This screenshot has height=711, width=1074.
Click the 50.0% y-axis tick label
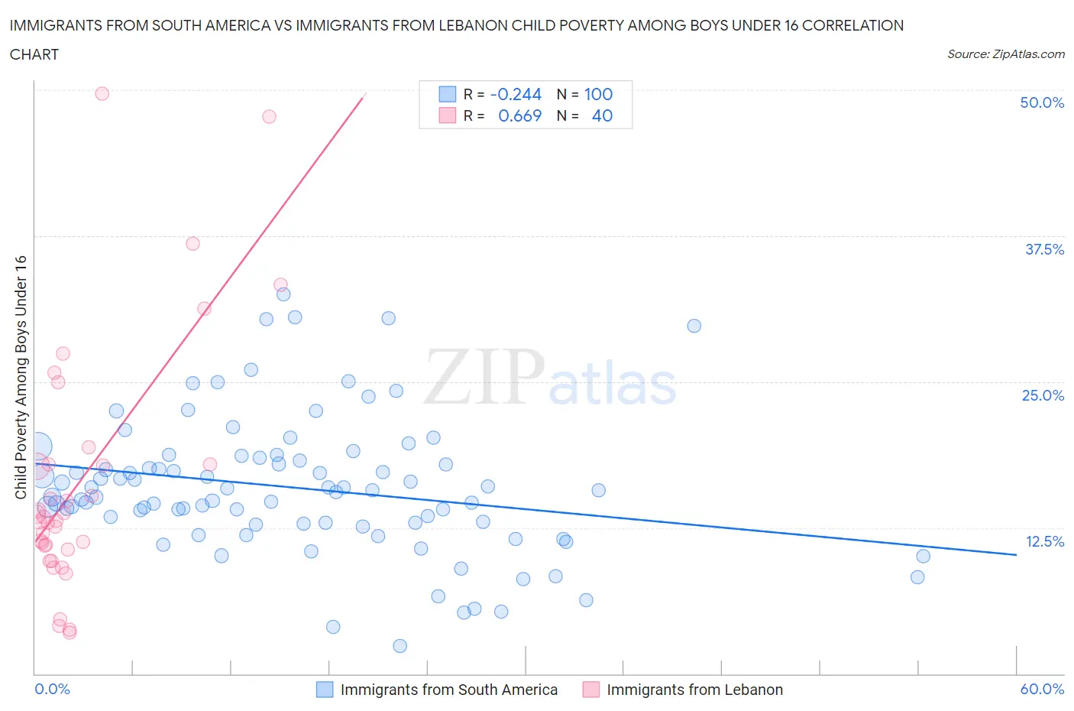[1042, 102]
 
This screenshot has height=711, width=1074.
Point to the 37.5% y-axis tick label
[1044, 249]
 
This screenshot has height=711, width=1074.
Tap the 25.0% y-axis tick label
[1043, 395]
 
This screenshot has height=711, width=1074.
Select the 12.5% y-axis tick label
[1044, 541]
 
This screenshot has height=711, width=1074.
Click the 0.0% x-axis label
[52, 689]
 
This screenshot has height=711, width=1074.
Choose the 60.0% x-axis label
[1042, 689]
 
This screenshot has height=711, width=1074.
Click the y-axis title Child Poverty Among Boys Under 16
[21, 377]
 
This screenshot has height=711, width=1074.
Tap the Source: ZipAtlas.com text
[1005, 54]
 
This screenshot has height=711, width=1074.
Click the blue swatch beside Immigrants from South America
[325, 690]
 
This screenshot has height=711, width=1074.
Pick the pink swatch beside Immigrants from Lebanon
[590, 690]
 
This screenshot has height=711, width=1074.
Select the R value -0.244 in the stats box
[516, 94]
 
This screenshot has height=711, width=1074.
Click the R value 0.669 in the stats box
[519, 115]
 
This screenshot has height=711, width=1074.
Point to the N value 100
[598, 94]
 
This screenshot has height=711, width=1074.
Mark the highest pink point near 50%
[102, 93]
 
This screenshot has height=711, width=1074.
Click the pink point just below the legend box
[269, 116]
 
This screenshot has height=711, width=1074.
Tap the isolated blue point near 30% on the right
[694, 326]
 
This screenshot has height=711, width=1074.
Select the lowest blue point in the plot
[400, 646]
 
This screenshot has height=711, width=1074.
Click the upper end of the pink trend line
[364, 96]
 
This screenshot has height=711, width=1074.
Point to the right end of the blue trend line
[1016, 554]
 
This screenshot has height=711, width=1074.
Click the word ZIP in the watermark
[484, 377]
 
